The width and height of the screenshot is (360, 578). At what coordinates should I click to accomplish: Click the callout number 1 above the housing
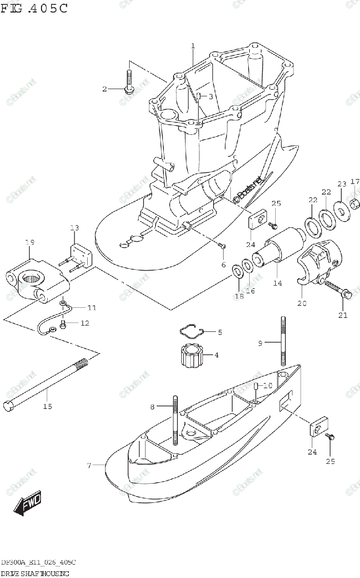click(x=193, y=46)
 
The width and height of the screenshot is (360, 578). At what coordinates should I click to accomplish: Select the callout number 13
click(x=74, y=227)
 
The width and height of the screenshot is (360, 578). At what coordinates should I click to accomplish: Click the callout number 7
click(x=89, y=465)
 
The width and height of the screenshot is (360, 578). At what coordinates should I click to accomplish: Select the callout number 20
click(x=302, y=303)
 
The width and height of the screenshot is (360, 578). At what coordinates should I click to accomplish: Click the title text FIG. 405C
click(x=34, y=8)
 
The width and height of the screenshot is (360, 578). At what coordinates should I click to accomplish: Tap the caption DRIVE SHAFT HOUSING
click(x=35, y=573)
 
